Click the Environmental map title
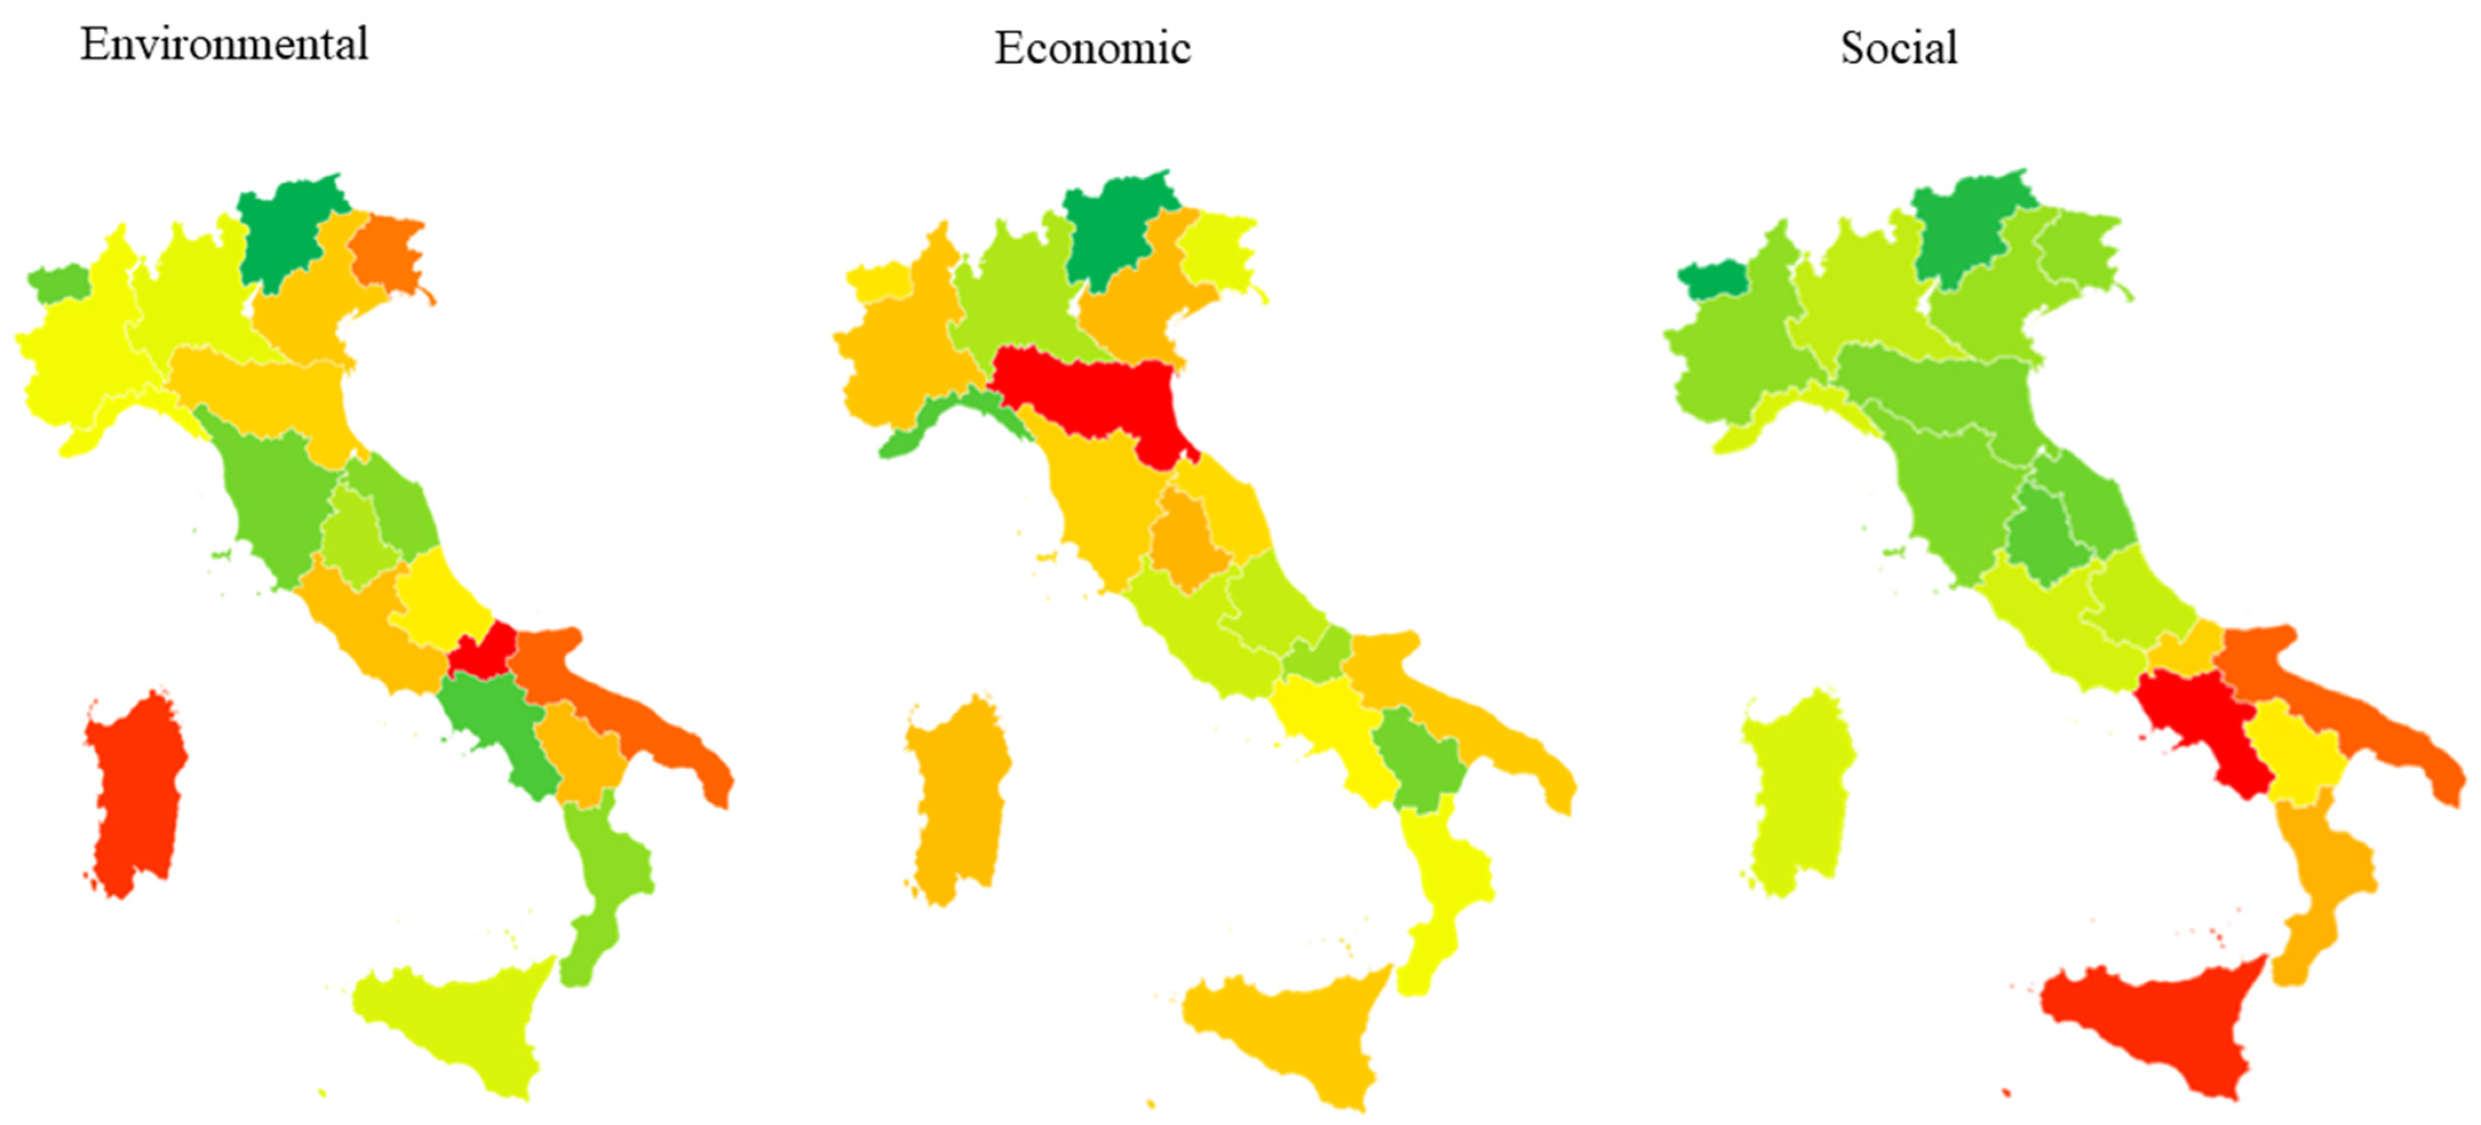pos(224,45)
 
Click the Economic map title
pos(1092,48)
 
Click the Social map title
pos(1898,48)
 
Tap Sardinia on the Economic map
pos(958,799)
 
